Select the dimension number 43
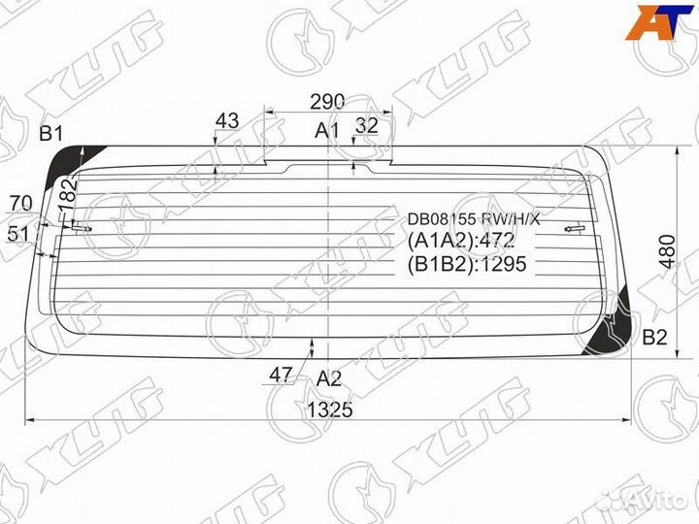226,121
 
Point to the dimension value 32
367,125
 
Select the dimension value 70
19,203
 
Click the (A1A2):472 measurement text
459,242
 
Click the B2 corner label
655,338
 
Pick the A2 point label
329,379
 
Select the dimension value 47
282,376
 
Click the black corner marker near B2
619,325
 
